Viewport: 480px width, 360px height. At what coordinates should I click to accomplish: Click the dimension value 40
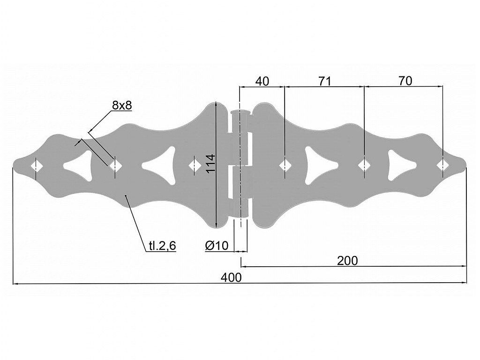[x=262, y=81]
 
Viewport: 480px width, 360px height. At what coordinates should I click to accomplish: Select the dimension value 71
[x=324, y=81]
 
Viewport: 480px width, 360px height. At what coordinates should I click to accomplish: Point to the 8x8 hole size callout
[x=122, y=105]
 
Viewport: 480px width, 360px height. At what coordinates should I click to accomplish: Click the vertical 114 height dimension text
[x=210, y=164]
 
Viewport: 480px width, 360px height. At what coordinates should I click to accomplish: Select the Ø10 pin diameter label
[x=217, y=246]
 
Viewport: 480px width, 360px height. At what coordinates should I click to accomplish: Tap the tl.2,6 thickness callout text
[x=163, y=246]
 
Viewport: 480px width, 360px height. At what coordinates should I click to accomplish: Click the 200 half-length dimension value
[x=347, y=261]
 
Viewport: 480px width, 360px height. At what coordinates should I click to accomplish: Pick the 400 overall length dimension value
[x=231, y=277]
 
